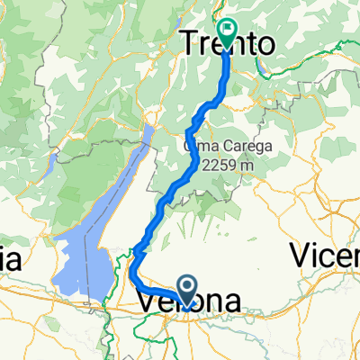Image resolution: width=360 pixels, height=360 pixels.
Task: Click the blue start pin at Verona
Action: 188,290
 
